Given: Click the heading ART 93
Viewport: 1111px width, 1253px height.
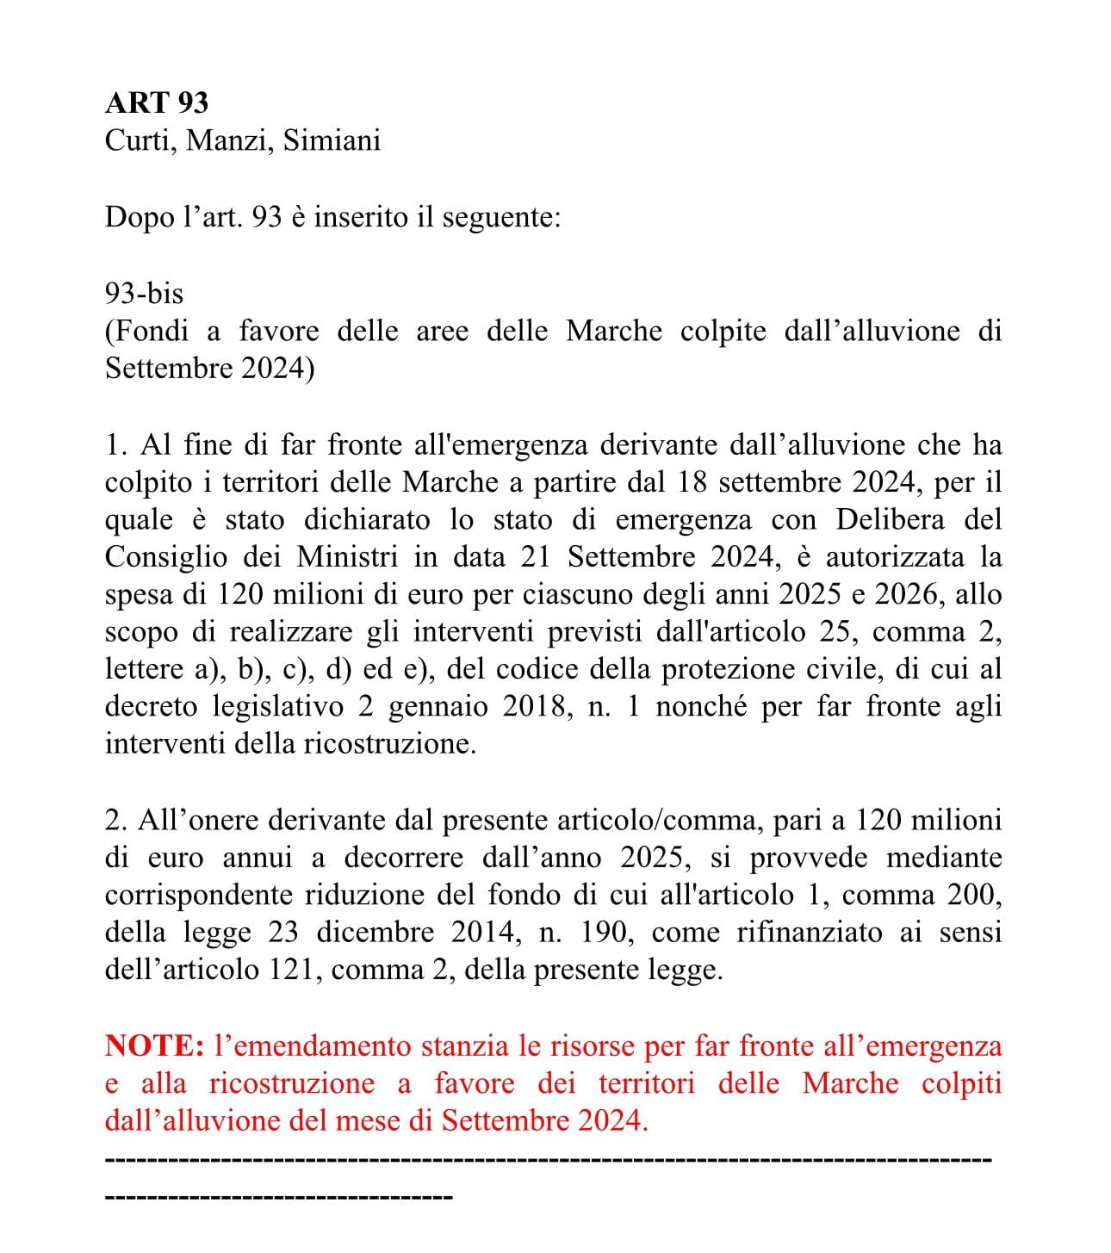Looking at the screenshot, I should (x=156, y=102).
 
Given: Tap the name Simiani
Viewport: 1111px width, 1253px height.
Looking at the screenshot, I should (x=332, y=140).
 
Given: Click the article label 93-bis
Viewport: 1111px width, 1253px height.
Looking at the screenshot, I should (x=144, y=294).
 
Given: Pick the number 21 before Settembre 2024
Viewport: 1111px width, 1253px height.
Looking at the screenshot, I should (x=536, y=557).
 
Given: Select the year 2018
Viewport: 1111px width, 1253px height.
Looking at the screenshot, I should (x=532, y=707).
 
